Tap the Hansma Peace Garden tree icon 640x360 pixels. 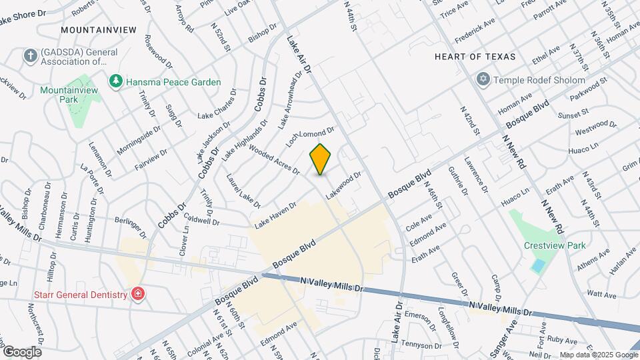pos(117,81)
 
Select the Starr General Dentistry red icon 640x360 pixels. pos(138,294)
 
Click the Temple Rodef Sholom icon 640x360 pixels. pos(484,80)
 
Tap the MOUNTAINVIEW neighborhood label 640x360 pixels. pos(98,30)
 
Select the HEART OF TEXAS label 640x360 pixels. pos(475,57)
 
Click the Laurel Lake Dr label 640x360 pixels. pos(242,190)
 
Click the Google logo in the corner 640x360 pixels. pos(21,351)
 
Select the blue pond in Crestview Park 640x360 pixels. pos(537,265)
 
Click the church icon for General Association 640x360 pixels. pos(30,57)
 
